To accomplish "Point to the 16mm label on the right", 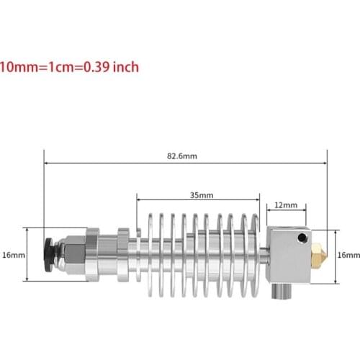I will coord(348,254).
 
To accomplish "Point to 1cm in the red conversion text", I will coord(53,67).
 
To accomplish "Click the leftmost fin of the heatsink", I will coord(142,253).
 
